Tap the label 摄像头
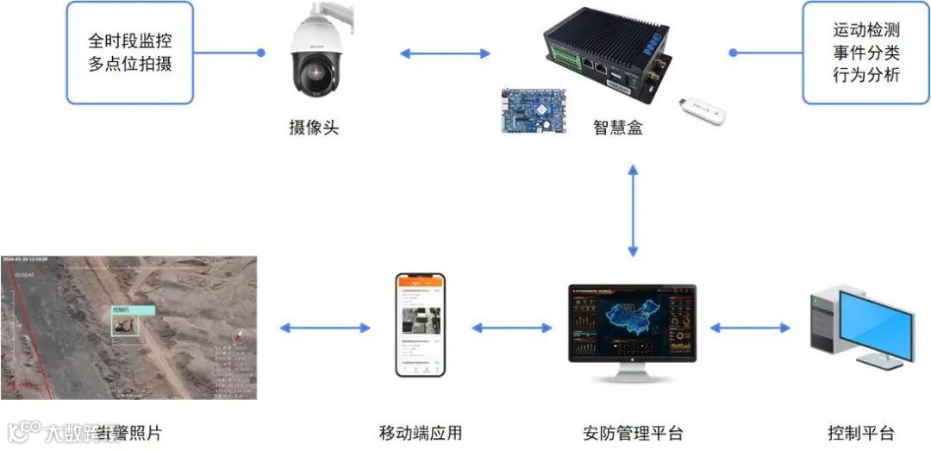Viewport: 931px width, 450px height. point(314,128)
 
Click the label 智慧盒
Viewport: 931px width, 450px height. point(618,128)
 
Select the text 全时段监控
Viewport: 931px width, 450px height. point(129,41)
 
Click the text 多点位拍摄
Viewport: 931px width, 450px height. point(129,64)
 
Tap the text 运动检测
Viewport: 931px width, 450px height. point(866,31)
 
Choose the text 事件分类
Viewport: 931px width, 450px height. point(866,53)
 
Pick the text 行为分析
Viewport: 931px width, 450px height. point(866,76)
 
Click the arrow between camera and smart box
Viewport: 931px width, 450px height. point(445,53)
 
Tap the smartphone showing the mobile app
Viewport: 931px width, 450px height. point(421,325)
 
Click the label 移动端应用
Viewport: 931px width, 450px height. point(421,433)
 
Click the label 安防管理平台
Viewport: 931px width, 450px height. point(633,433)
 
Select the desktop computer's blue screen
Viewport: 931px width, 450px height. point(875,328)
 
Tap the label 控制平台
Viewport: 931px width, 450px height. point(860,433)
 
